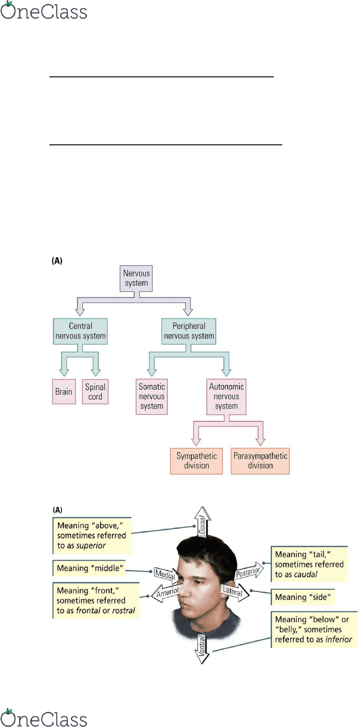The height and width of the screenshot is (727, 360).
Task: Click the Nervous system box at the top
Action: [x=136, y=278]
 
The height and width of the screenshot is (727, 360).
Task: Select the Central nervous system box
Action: [x=80, y=331]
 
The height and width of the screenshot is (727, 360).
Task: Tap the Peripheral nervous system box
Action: [x=189, y=331]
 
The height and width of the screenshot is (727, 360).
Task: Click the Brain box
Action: [x=64, y=391]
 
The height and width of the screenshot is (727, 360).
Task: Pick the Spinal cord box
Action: [x=95, y=391]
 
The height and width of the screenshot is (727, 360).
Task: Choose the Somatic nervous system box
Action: [x=152, y=397]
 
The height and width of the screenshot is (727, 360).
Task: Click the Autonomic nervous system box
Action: [x=226, y=397]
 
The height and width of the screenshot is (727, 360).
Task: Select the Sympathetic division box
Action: [x=197, y=461]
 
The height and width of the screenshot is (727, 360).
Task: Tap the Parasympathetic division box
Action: [x=260, y=461]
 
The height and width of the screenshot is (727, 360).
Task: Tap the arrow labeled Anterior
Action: [x=165, y=593]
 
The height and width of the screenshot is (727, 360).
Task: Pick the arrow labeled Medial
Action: [x=165, y=575]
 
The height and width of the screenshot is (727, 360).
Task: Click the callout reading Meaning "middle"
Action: [x=89, y=568]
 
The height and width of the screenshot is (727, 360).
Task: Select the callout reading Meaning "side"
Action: [x=303, y=597]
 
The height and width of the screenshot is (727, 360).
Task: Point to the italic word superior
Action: [x=90, y=545]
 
